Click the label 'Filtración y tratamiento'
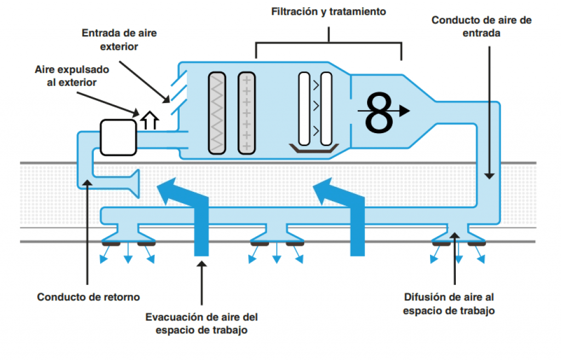tap(329, 12)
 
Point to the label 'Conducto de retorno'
tap(88, 297)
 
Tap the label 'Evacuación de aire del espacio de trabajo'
tap(201, 323)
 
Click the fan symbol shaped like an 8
tap(380, 112)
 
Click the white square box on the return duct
tap(118, 136)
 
